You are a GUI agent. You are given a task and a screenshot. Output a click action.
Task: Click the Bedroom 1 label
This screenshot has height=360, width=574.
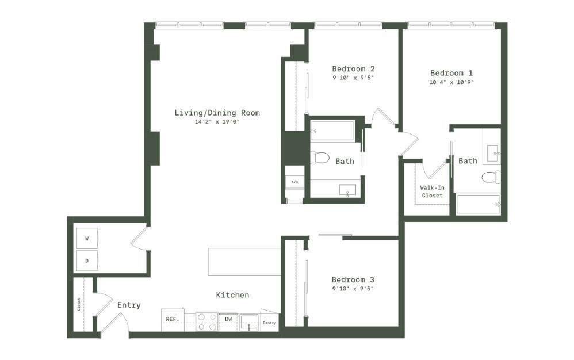(451, 73)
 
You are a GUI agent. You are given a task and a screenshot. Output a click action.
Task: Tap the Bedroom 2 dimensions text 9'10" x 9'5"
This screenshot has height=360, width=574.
(353, 78)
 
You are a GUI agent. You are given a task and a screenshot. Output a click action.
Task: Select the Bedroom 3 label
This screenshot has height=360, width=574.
(353, 279)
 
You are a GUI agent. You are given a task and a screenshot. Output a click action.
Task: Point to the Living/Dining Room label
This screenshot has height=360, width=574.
(217, 113)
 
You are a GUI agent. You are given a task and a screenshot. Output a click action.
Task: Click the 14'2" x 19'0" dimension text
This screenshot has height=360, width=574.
(217, 122)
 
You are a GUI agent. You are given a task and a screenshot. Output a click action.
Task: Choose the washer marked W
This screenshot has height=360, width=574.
(87, 239)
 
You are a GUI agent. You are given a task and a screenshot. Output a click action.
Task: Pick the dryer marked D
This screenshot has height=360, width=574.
(87, 261)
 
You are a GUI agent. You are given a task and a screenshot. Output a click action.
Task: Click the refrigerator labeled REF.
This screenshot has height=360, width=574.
(173, 319)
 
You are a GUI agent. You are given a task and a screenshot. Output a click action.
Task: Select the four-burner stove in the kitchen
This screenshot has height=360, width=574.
(207, 321)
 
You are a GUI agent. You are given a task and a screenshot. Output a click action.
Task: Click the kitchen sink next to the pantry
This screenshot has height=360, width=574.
(249, 323)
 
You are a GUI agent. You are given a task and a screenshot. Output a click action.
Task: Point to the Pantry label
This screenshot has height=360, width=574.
(269, 323)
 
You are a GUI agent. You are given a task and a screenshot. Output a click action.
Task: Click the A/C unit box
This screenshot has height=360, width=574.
(294, 182)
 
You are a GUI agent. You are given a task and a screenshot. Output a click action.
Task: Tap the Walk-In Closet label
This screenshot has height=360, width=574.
(433, 192)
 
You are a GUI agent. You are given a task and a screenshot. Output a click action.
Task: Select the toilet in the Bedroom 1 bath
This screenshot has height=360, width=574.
(491, 177)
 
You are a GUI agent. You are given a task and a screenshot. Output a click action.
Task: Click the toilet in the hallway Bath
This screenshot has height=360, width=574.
(320, 158)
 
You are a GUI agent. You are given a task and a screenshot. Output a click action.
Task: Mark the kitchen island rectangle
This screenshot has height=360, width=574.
(244, 262)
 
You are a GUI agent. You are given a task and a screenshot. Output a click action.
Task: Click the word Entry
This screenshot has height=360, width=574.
(129, 305)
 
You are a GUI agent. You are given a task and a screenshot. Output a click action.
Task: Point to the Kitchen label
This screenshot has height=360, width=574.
(232, 295)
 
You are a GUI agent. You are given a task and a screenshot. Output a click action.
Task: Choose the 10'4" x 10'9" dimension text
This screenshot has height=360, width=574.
(451, 82)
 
